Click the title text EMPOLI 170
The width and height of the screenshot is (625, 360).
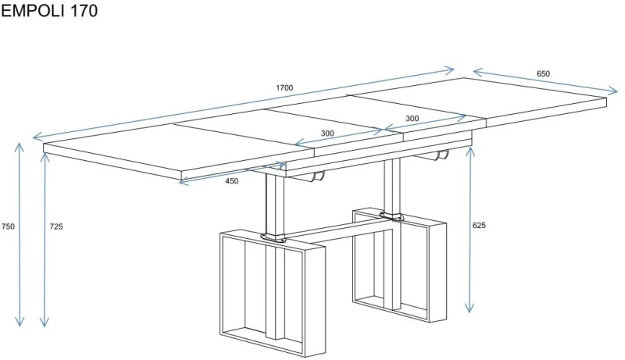[x=49, y=11]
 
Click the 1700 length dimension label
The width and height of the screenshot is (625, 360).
[x=284, y=87]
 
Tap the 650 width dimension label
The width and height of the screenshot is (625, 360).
[x=543, y=73]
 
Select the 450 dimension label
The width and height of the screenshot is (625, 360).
[x=231, y=181]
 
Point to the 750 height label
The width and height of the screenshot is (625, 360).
[x=8, y=226]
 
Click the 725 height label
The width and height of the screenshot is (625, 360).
[x=56, y=226]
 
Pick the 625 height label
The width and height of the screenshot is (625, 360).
[x=479, y=226]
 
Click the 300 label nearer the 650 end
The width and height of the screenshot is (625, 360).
[x=412, y=118]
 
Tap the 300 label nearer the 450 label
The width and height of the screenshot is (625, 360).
[x=327, y=134]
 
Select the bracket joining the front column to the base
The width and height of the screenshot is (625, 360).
[x=274, y=237]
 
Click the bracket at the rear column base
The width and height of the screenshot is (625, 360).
[x=392, y=216]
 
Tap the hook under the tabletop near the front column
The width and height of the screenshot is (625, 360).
[x=317, y=176]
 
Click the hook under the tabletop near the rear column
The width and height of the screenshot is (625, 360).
[x=441, y=155]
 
